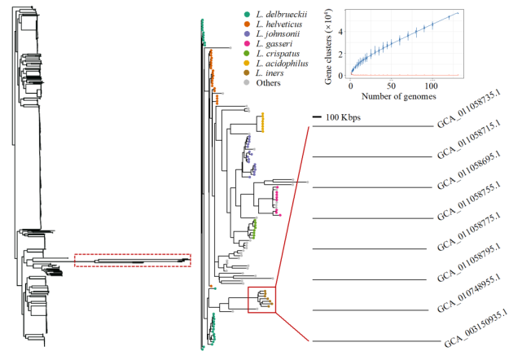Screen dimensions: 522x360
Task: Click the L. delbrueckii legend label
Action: [282, 15]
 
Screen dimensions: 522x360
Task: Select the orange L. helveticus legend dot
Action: [247, 24]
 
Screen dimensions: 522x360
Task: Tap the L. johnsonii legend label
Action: [278, 33]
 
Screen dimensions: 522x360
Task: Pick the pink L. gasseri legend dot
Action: [247, 44]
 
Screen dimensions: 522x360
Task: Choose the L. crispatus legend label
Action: [278, 53]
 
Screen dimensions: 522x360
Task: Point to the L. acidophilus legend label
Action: [282, 63]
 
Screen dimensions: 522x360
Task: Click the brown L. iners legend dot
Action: [247, 73]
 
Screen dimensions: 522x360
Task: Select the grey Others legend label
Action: [268, 82]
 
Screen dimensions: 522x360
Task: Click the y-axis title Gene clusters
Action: [328, 46]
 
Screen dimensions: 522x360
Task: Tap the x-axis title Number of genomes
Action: [398, 96]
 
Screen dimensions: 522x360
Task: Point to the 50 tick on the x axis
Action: [391, 86]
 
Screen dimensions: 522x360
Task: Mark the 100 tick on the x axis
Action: [431, 86]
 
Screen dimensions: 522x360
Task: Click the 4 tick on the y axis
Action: [340, 32]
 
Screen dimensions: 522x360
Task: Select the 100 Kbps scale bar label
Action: [343, 117]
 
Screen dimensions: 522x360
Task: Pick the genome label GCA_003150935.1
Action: [476, 329]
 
